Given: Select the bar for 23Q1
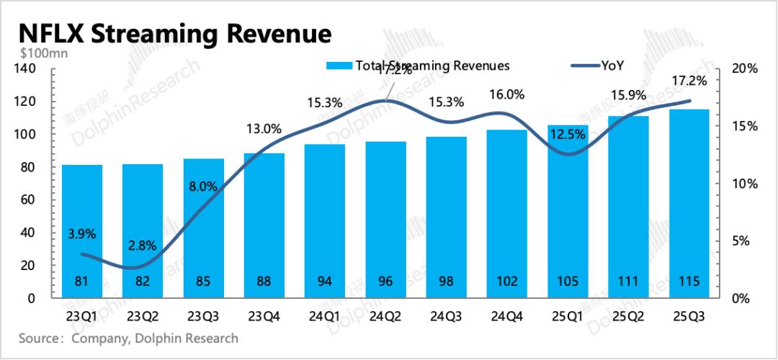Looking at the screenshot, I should point(81,230).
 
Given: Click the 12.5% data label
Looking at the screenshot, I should point(567,133).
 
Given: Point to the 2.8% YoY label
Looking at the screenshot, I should point(143,246).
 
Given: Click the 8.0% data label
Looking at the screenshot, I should point(203,185).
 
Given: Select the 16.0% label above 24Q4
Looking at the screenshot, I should point(506,95).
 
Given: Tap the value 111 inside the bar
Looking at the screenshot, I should point(628,282).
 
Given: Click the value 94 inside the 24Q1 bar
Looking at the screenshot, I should point(324,282).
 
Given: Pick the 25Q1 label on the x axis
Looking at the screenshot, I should point(567,317).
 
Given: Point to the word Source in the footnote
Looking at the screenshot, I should point(37,338).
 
